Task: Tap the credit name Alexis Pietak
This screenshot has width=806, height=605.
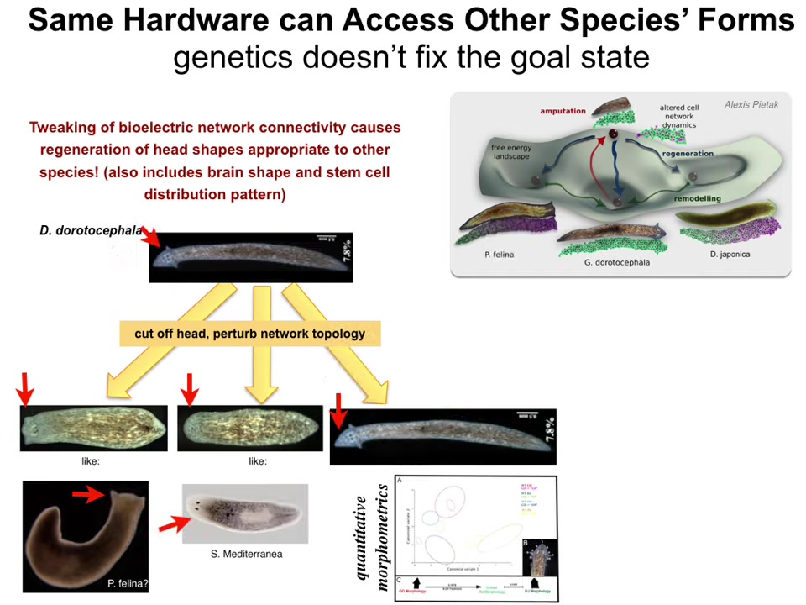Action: (753, 105)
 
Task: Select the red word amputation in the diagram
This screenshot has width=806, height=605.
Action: (563, 111)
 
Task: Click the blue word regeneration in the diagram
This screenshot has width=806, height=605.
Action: (688, 154)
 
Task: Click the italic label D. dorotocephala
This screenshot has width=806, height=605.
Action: (91, 229)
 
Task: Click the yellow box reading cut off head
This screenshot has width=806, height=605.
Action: (249, 333)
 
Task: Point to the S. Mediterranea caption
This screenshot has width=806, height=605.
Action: (246, 554)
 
